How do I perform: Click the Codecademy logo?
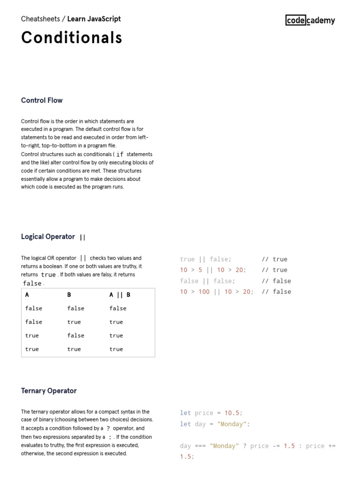310,20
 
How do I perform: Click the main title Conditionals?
72,38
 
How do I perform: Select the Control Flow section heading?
42,100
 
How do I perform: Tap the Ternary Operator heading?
49,391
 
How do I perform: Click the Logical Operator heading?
48,237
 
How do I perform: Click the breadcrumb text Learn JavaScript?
94,19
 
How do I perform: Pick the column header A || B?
120,295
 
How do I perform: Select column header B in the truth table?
69,295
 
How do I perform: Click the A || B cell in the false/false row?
118,308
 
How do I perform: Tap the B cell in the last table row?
74,349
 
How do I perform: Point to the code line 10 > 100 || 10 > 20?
217,292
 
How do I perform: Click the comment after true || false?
274,259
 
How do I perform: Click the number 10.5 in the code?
233,413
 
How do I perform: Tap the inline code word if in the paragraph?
120,154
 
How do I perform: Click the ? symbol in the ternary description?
108,428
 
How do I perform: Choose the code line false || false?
207,281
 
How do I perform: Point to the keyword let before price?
186,413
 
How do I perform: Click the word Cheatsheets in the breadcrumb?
40,19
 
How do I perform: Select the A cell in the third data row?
32,336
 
